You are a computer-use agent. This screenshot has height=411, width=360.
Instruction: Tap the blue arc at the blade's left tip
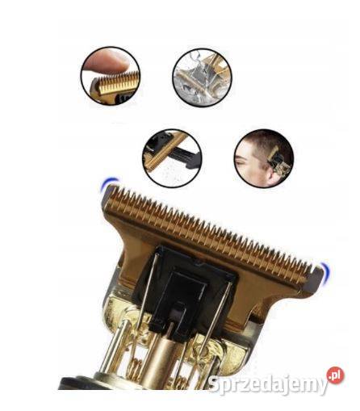(x=108, y=182)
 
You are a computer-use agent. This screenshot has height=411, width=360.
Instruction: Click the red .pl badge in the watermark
(x=335, y=375)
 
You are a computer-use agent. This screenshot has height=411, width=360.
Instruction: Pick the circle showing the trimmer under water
(x=202, y=77)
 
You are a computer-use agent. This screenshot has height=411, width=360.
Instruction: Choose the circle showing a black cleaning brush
(x=172, y=158)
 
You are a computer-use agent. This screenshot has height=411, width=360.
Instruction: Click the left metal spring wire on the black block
(x=147, y=289)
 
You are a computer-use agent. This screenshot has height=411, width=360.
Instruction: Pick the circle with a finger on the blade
(x=111, y=75)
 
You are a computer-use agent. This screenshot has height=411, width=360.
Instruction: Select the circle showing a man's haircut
(x=264, y=158)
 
